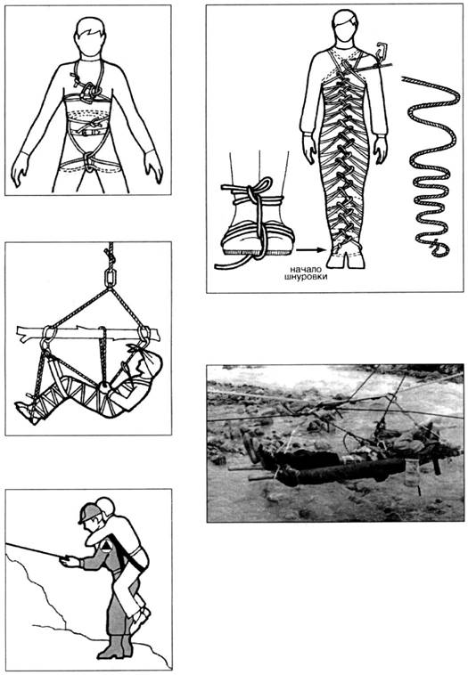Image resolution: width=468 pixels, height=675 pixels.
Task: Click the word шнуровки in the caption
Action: [x=306, y=277]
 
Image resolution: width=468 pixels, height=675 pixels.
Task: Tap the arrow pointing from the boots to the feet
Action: [x=310, y=249]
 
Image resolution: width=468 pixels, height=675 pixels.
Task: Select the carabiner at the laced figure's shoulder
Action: [x=382, y=51]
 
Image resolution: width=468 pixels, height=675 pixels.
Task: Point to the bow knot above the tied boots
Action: [x=258, y=189]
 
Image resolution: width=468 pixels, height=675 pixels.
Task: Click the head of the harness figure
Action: [x=91, y=37]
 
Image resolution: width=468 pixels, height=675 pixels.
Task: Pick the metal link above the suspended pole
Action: [x=111, y=278]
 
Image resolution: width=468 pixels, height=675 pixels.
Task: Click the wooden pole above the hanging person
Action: [x=88, y=333]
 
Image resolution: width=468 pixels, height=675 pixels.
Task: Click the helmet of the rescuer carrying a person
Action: [x=90, y=512]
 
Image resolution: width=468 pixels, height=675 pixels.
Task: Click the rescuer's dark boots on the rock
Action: [x=115, y=647]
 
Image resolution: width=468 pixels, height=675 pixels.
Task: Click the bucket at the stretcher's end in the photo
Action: [x=412, y=473]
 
